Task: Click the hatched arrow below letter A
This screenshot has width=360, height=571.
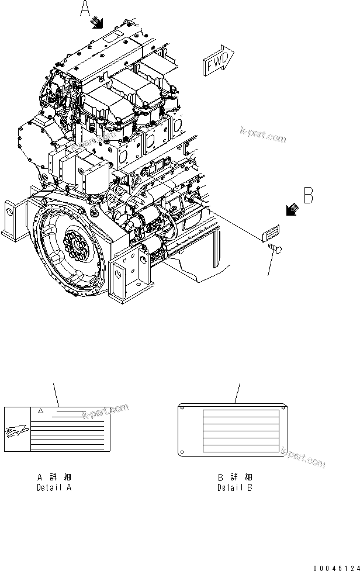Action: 97,23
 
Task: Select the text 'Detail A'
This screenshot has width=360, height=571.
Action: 54,487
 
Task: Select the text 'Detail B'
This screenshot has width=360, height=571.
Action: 235,487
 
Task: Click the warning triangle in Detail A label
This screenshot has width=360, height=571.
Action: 40,411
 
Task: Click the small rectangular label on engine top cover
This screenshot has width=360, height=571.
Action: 111,37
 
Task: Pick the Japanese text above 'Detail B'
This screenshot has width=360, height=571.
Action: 235,477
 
